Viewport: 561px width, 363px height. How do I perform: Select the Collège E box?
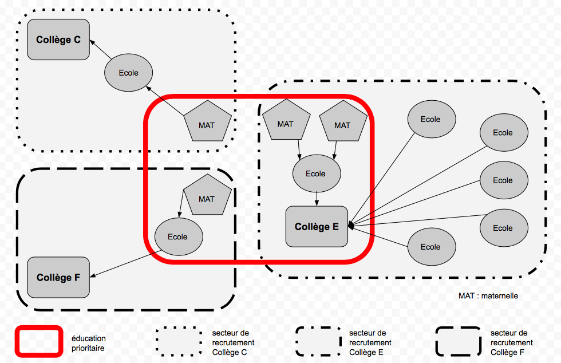click(317, 226)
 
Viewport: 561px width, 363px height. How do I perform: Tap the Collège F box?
click(58, 277)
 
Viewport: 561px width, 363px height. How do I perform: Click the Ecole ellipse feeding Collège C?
click(129, 73)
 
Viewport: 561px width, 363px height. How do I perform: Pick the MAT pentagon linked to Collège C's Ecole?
click(207, 123)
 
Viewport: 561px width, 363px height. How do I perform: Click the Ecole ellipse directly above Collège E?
click(316, 173)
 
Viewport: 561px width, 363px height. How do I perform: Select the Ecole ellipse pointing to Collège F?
click(177, 236)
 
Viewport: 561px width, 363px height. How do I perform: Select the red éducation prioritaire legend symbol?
click(38, 342)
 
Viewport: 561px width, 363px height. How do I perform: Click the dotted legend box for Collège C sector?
click(179, 342)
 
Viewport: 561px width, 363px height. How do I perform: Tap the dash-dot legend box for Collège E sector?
click(318, 342)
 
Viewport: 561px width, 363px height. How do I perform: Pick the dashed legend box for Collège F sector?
click(457, 342)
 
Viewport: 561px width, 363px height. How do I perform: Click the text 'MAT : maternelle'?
click(488, 296)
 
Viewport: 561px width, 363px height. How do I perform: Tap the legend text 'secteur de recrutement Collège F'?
click(511, 342)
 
